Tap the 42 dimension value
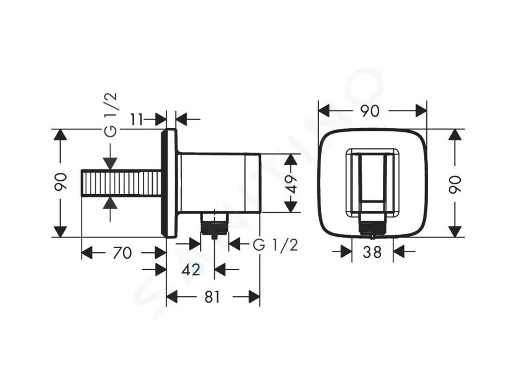[190, 270]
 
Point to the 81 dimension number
[213, 297]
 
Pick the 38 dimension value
[372, 252]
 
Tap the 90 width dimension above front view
[371, 111]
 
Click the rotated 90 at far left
[61, 182]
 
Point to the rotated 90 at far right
[455, 183]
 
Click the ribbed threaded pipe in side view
[121, 183]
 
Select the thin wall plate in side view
[170, 183]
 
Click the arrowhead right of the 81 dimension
[254, 297]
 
